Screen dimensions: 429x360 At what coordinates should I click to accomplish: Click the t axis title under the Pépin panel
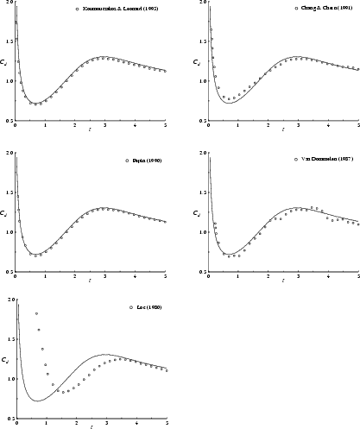(89, 281)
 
